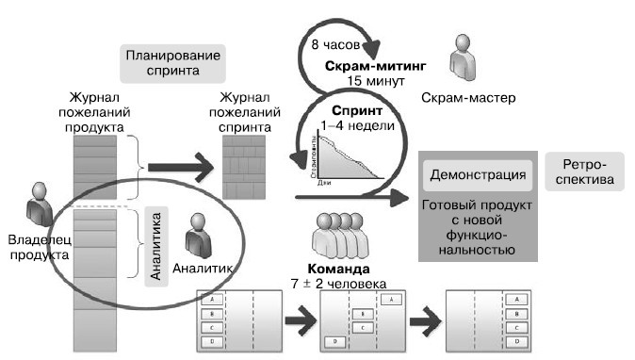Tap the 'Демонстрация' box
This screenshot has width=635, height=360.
click(x=478, y=175)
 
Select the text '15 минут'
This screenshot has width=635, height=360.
click(x=376, y=82)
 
